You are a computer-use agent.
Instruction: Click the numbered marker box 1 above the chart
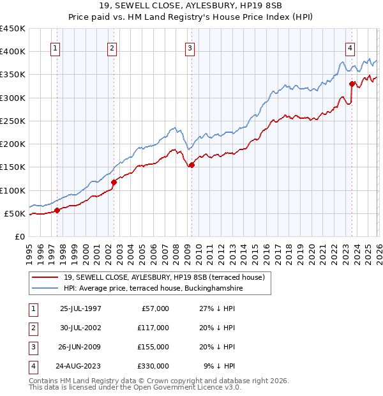click(x=56, y=47)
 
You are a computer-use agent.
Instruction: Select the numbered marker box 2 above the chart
click(x=112, y=47)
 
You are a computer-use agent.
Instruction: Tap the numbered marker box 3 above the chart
click(x=190, y=47)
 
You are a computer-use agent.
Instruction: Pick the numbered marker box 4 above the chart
click(x=350, y=47)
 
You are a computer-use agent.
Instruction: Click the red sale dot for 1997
click(x=57, y=210)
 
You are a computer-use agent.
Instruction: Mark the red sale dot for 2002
click(x=114, y=182)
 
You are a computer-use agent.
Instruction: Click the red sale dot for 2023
click(x=352, y=84)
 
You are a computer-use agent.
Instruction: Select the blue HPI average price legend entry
click(x=153, y=289)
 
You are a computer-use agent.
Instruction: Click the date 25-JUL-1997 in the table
click(x=81, y=308)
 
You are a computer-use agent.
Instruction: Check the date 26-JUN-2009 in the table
click(x=81, y=347)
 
